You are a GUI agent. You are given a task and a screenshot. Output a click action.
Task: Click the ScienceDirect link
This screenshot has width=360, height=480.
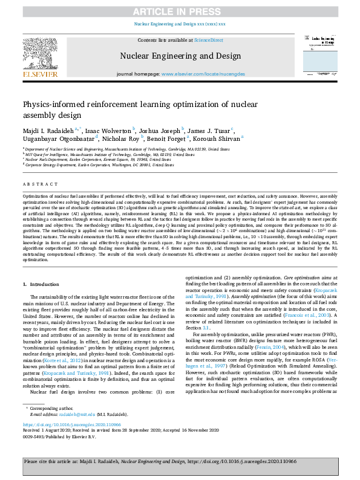208,39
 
